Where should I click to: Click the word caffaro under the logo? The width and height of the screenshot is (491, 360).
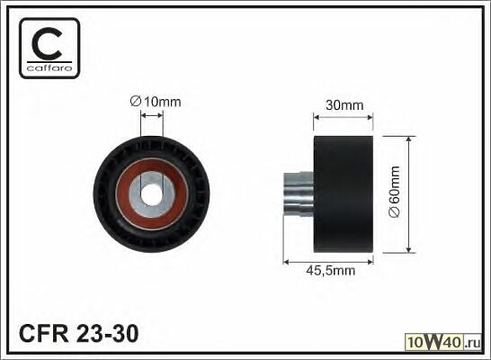pos(49,67)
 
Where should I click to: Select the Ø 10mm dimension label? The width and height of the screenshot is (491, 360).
pos(156,102)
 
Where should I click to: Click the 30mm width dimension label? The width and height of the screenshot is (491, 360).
pos(344,105)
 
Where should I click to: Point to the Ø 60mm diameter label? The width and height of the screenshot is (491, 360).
pos(394,192)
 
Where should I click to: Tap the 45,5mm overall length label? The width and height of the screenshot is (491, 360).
pos(331,271)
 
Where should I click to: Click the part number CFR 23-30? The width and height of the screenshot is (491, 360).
pos(78,333)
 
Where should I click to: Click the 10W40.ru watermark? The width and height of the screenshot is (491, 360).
pos(443,342)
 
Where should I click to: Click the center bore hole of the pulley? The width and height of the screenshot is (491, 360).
pos(152,194)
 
